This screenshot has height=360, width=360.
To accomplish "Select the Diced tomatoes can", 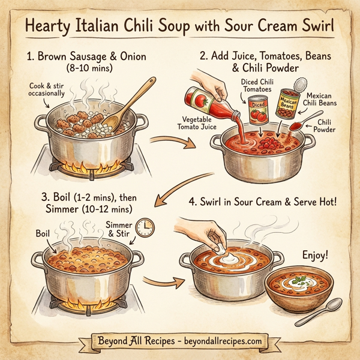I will [259, 108].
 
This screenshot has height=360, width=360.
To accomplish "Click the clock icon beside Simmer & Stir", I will [145, 226].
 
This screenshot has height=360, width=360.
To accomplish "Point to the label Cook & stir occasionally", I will [48, 91].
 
